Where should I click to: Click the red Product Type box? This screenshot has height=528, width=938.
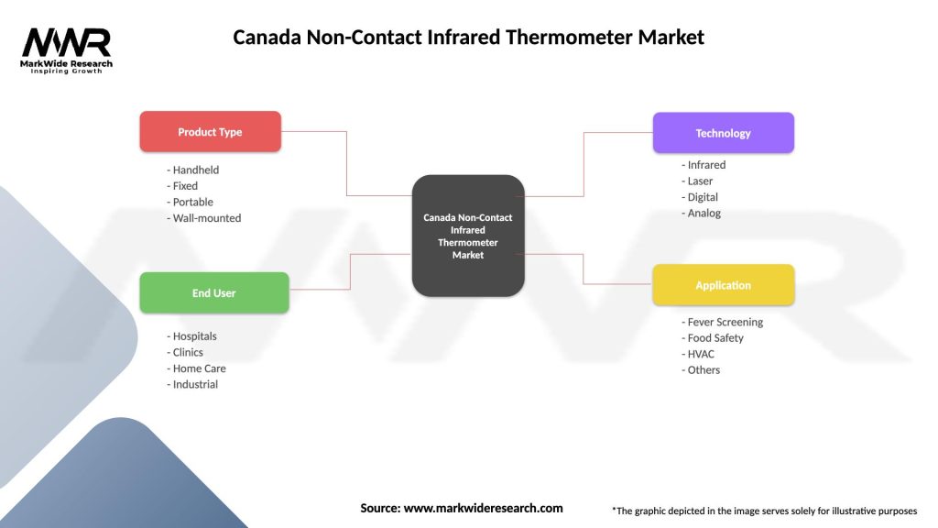click(x=210, y=132)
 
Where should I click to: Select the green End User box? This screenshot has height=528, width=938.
click(x=213, y=293)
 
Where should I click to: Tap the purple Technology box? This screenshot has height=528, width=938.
click(x=723, y=133)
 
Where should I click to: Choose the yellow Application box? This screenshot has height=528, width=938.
click(x=723, y=285)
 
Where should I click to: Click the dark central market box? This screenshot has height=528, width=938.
click(x=468, y=236)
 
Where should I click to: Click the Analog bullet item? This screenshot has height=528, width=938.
click(x=701, y=214)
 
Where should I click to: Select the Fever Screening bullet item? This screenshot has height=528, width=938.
click(x=722, y=322)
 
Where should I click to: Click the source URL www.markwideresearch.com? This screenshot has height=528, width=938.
click(x=483, y=508)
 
